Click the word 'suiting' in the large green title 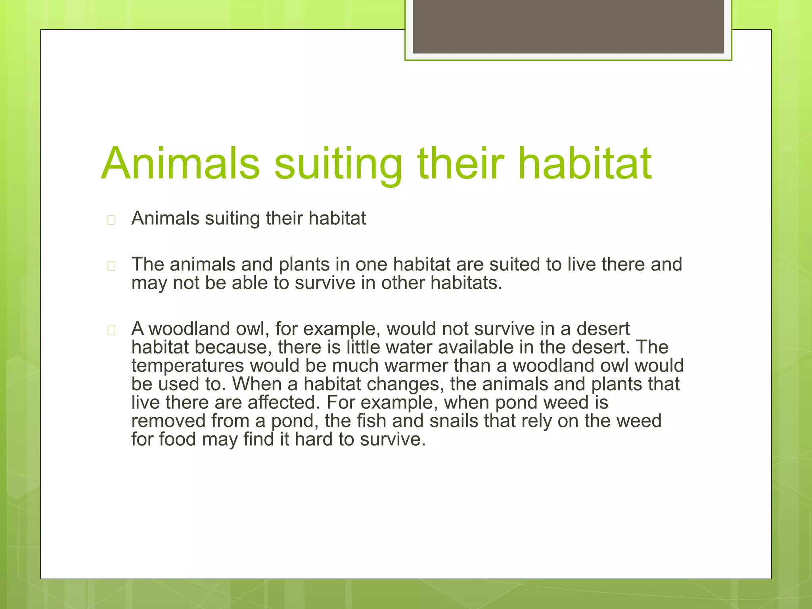[338, 164]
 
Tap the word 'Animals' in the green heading [181, 164]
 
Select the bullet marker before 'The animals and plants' [111, 266]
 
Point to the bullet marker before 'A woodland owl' [111, 330]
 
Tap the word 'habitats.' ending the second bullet [466, 283]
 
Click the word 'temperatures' [188, 366]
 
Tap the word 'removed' [169, 421]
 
